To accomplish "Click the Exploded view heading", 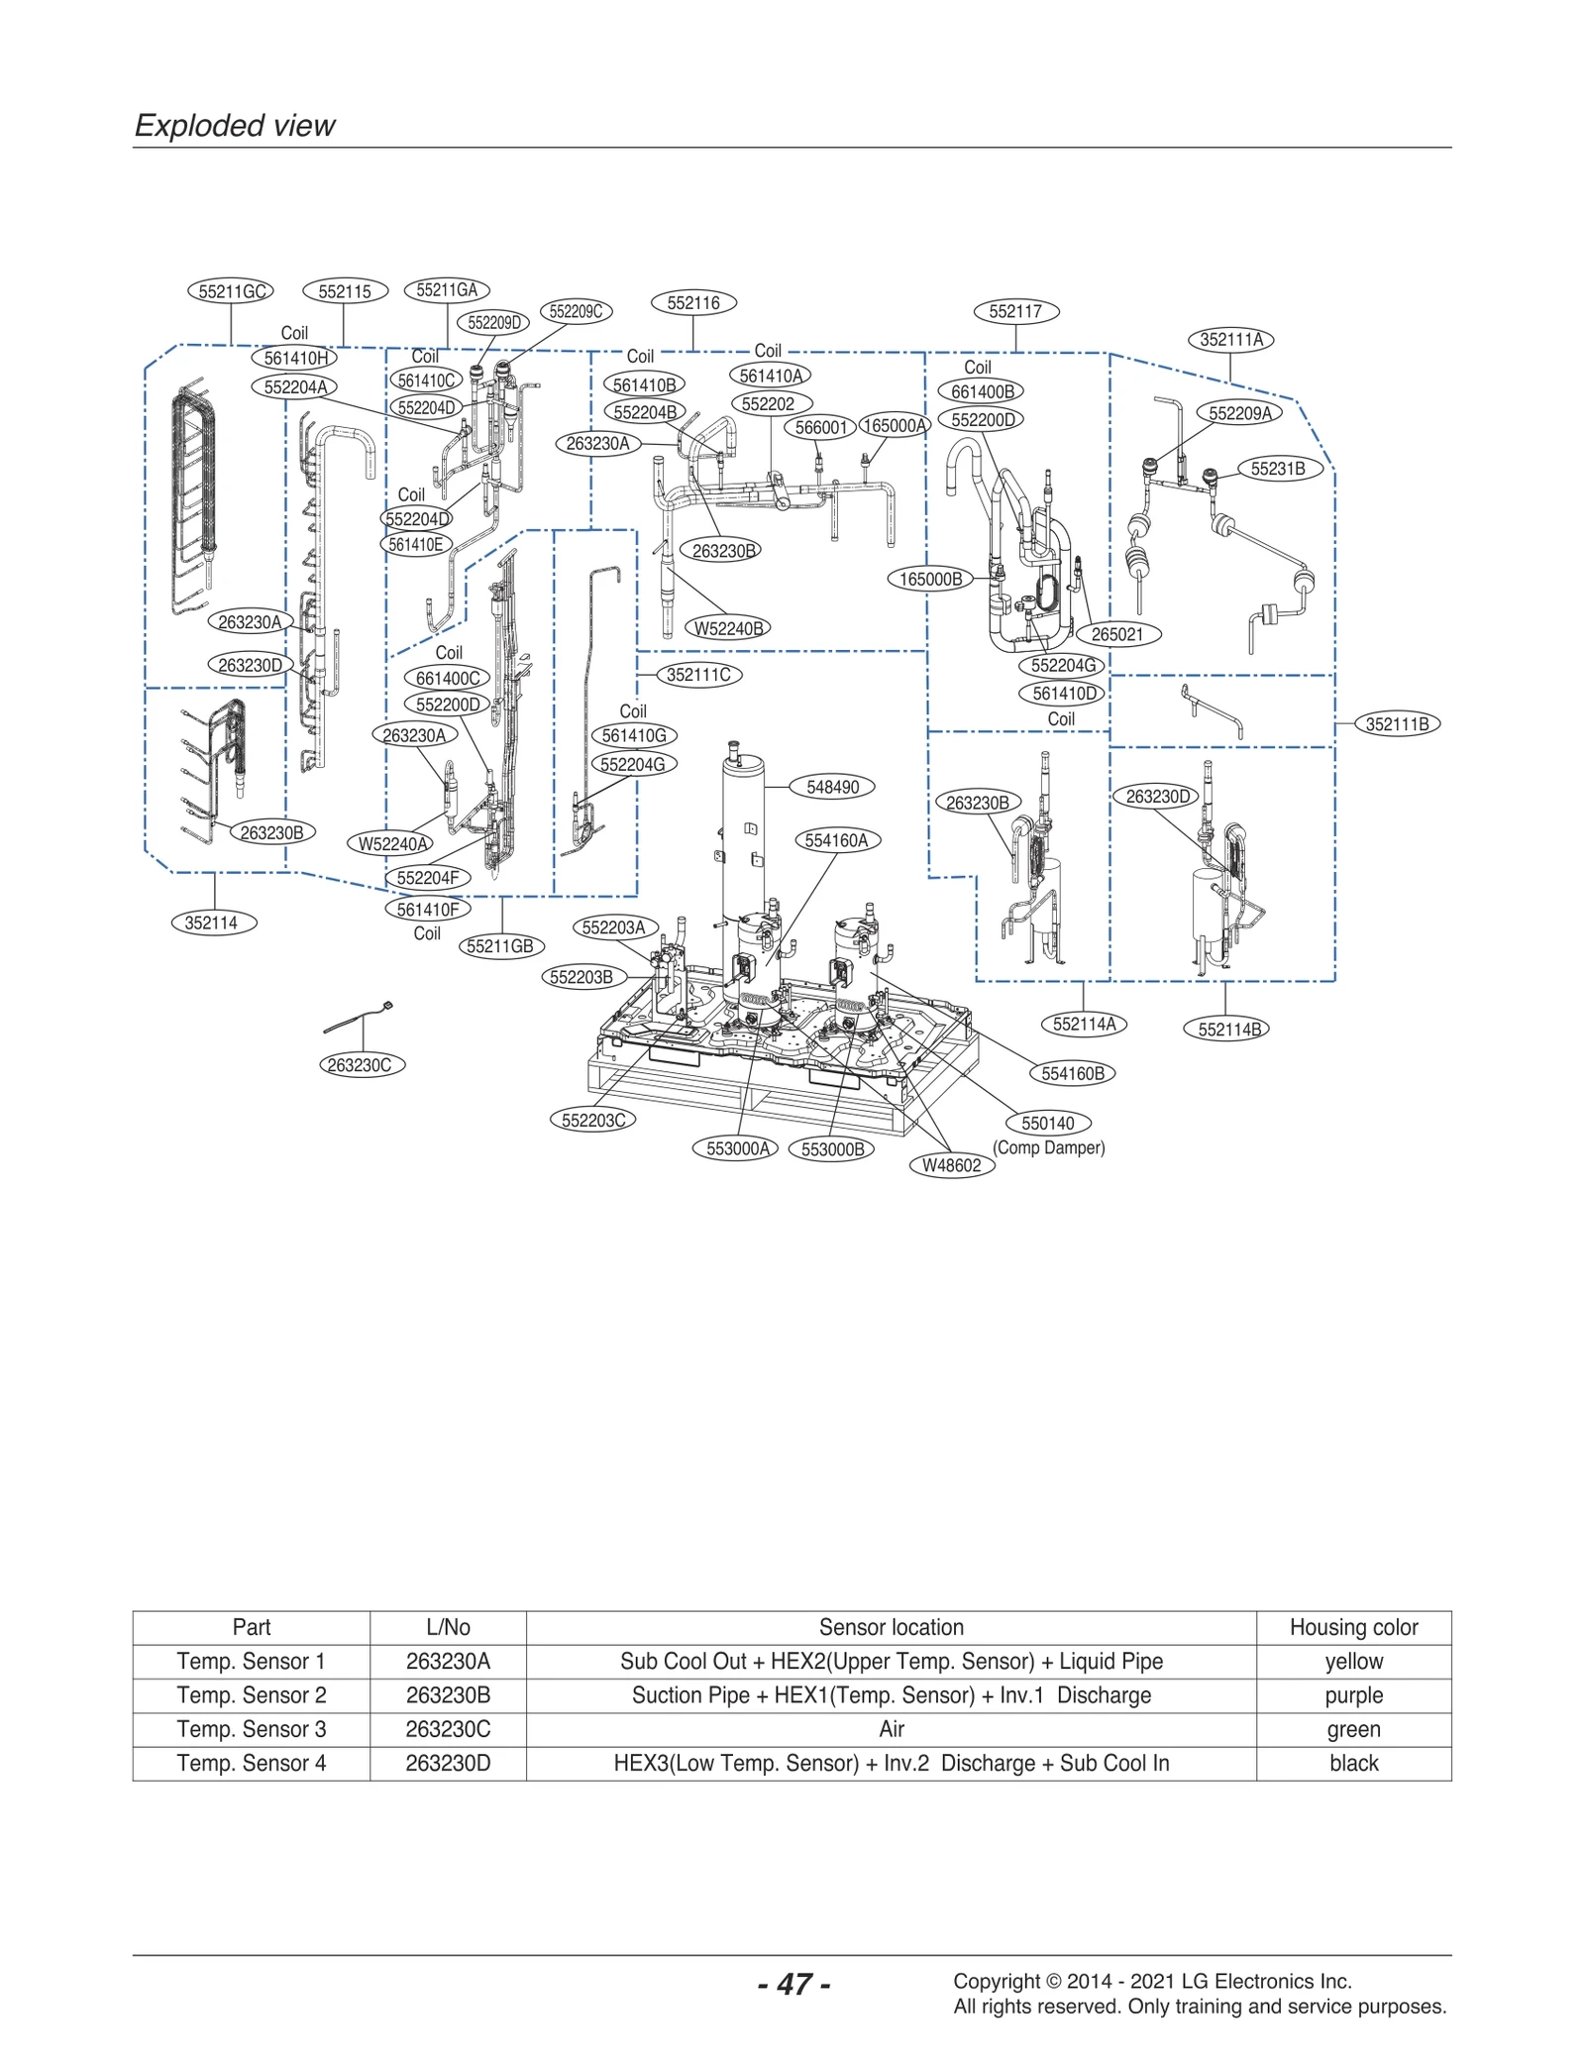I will point(235,126).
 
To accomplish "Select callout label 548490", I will point(832,787).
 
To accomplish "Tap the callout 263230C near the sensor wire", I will point(362,1065).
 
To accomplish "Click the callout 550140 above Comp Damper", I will point(1047,1123).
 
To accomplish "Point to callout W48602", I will point(951,1165).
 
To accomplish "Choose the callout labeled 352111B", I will point(1397,724).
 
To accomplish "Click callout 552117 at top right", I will point(1015,311).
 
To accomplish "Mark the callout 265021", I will point(1116,634).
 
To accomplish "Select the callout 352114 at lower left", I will point(211,923).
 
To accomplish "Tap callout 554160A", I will point(836,840).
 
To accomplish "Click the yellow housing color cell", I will point(1353,1661).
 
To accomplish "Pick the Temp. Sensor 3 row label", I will point(251,1729).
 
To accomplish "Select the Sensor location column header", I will point(891,1627).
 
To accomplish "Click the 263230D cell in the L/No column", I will point(448,1763).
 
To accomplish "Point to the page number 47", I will point(793,1984).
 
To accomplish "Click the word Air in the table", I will point(891,1729).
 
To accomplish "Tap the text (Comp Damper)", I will point(1048,1147).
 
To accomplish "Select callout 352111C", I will point(698,675).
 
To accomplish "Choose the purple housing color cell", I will point(1353,1695).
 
